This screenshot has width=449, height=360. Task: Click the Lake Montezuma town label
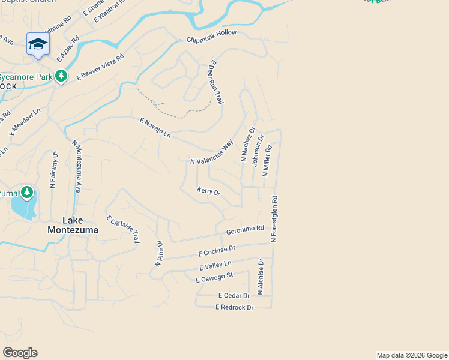point(68,224)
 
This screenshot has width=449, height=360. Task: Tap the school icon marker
point(38,44)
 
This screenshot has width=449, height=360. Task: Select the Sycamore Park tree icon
point(61,76)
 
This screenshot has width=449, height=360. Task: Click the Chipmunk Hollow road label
point(211,37)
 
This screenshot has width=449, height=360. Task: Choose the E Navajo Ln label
point(155,128)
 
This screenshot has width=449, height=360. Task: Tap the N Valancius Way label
point(212,153)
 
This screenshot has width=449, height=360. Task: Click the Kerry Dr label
point(209,191)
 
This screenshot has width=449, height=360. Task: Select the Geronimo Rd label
point(245,230)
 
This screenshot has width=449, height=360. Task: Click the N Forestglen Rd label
point(274,218)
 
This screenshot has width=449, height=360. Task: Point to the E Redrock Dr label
point(235,307)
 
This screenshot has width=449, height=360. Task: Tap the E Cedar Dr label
point(234,296)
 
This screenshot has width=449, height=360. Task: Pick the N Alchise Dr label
point(261,277)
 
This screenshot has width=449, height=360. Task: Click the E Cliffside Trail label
point(123,229)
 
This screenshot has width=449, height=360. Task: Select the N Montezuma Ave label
point(76,166)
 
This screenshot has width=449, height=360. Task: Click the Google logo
point(20,353)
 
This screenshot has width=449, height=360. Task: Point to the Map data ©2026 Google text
point(412,355)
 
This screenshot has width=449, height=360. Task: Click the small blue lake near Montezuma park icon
point(23,208)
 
